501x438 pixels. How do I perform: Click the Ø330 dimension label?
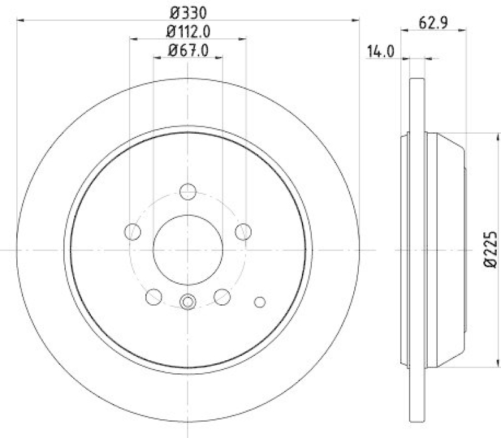tap(188, 11)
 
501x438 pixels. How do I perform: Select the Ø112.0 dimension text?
tap(188, 31)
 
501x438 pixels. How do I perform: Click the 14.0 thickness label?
tap(380, 53)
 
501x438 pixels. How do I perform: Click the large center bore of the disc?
tap(188, 250)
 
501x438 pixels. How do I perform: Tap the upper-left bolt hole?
tap(133, 232)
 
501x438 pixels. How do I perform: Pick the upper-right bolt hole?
tap(243, 232)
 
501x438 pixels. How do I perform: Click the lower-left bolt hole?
tap(153, 296)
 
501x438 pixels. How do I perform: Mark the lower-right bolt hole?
tap(222, 296)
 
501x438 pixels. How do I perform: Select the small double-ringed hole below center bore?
tap(188, 302)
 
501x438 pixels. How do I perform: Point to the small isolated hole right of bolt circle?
tap(260, 302)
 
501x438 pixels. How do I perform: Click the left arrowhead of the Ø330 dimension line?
tap(19, 20)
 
